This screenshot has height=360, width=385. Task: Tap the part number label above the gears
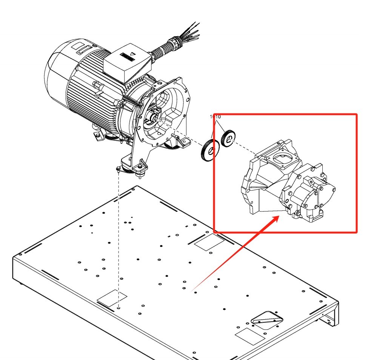[215, 117]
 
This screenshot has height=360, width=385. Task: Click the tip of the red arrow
[279, 217]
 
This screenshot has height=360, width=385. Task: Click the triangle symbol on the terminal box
[132, 54]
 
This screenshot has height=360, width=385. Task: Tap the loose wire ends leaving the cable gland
[192, 30]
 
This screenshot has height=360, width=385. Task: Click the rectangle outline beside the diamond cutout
[250, 336]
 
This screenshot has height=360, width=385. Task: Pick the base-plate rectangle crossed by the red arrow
[208, 242]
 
